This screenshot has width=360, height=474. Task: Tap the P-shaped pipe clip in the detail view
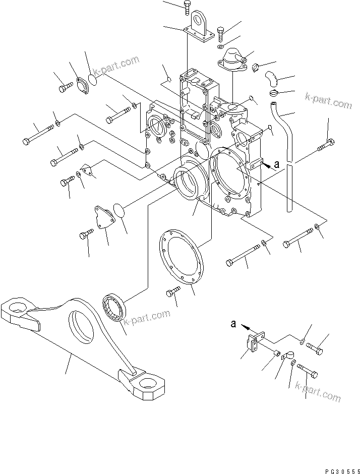287,357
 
